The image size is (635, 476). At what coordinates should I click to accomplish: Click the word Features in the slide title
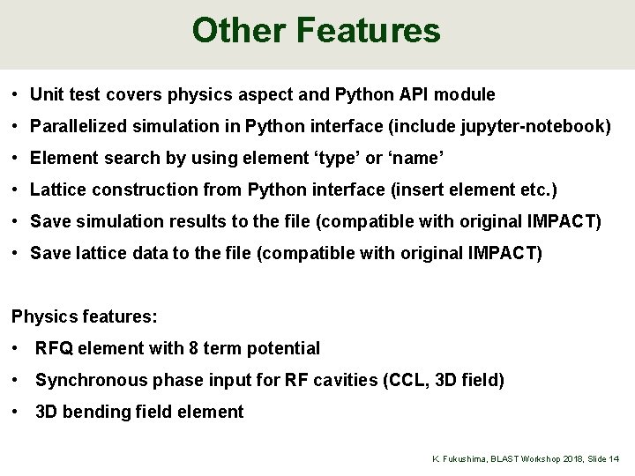point(369,31)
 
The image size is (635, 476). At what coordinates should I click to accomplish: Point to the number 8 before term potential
point(193,348)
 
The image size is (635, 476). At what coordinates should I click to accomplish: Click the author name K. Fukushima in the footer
point(456,459)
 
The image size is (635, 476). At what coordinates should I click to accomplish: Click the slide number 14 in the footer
point(614,459)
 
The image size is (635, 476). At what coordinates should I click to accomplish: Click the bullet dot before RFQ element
point(17,348)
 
